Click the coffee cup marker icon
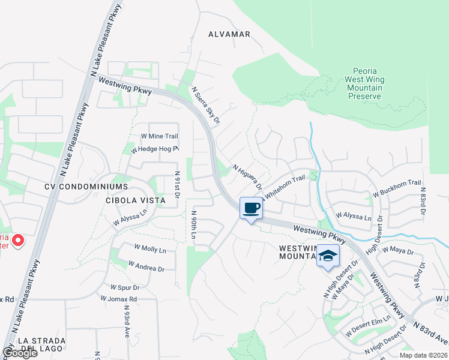[251, 208]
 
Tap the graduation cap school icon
[328, 256]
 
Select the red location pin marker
[17, 241]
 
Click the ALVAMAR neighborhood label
[229, 34]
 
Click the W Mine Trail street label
[159, 137]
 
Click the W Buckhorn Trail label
[397, 188]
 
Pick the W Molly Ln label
[149, 249]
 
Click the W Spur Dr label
[125, 287]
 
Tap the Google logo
[20, 353]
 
